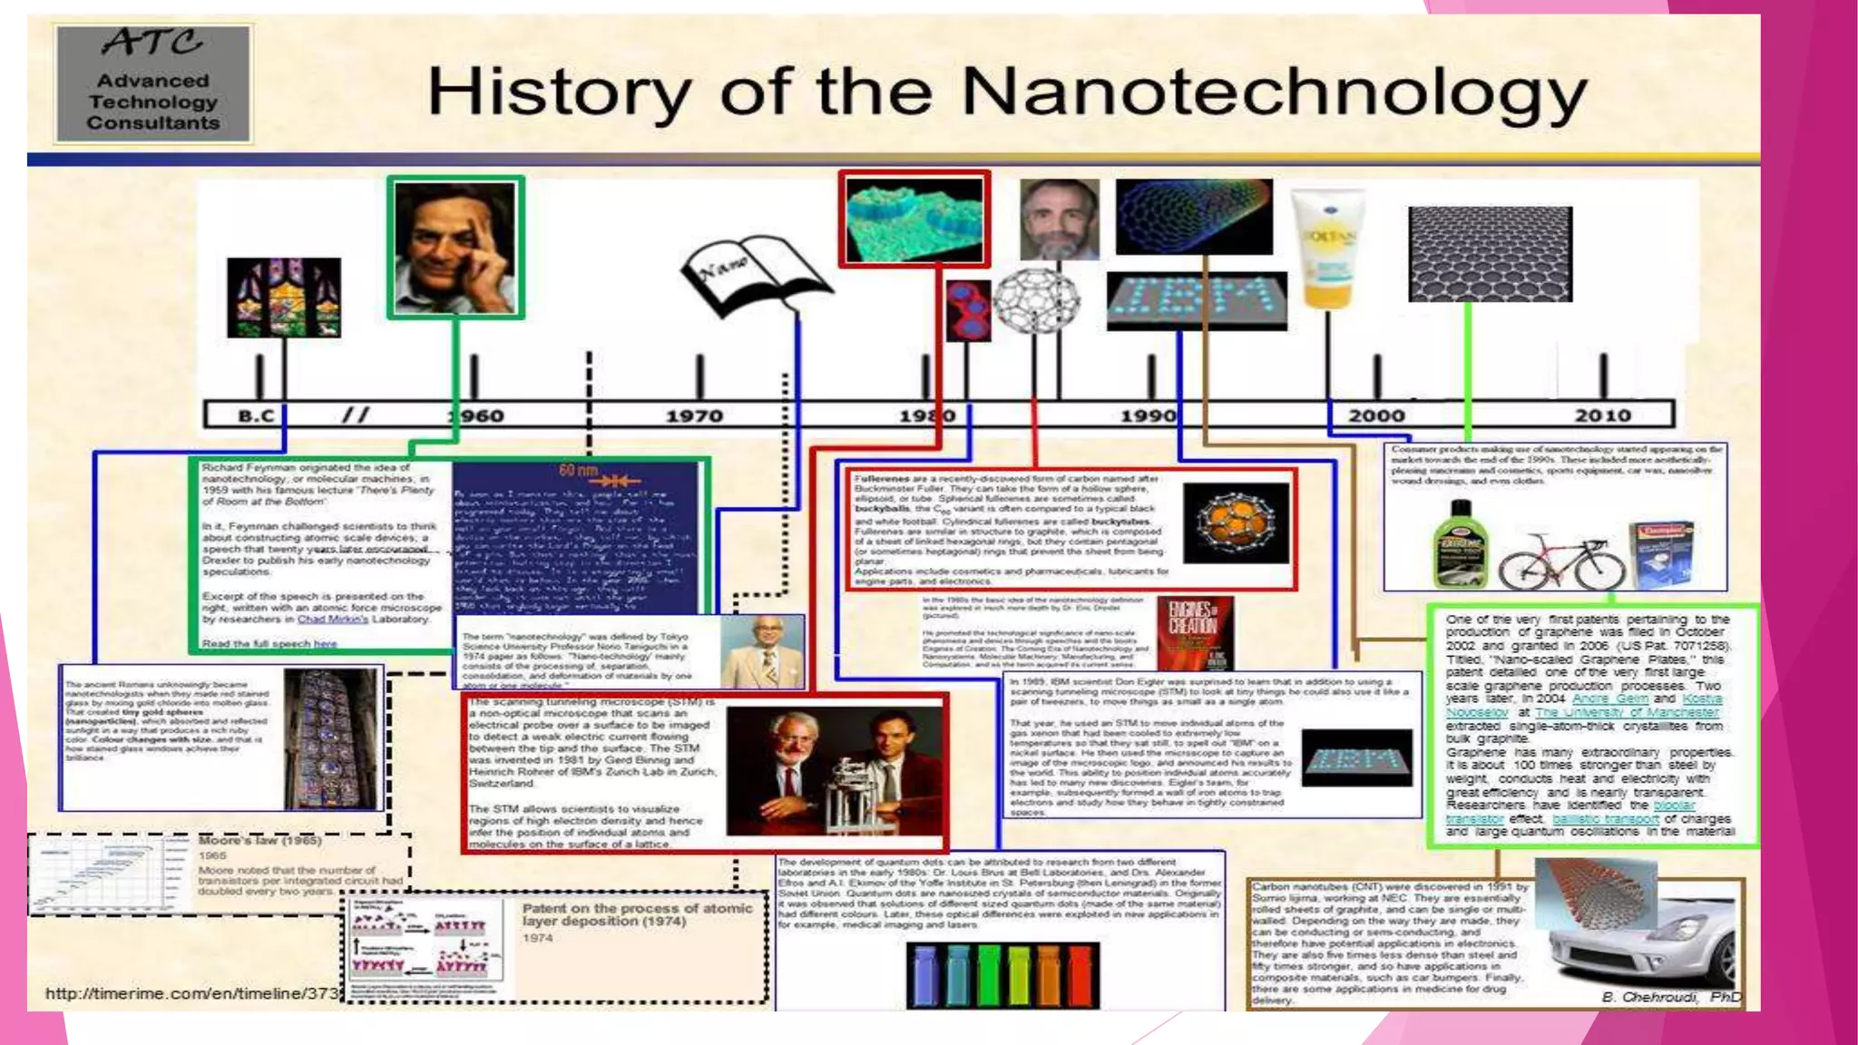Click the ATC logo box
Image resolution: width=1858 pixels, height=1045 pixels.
pos(153,83)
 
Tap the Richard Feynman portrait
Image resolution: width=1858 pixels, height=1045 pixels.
pos(455,247)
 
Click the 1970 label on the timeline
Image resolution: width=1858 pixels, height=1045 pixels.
pos(694,416)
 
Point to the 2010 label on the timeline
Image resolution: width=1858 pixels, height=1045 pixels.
pos(1602,415)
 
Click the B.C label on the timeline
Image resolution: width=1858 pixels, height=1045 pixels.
pos(256,416)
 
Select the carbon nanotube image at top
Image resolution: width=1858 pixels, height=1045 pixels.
pos(1193,217)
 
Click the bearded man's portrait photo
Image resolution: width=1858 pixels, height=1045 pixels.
pos(1059,220)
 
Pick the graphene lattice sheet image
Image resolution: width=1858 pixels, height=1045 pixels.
pos(1490,254)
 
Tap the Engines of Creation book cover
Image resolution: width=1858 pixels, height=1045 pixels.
pos(1193,631)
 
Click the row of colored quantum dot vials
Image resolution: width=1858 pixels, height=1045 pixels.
pos(1002,975)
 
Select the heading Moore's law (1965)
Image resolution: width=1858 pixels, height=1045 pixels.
pos(259,841)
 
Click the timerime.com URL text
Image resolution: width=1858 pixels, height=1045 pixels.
pos(191,994)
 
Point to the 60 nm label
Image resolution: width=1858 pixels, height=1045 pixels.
pos(579,470)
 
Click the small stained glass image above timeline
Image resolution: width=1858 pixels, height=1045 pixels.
pos(284,297)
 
